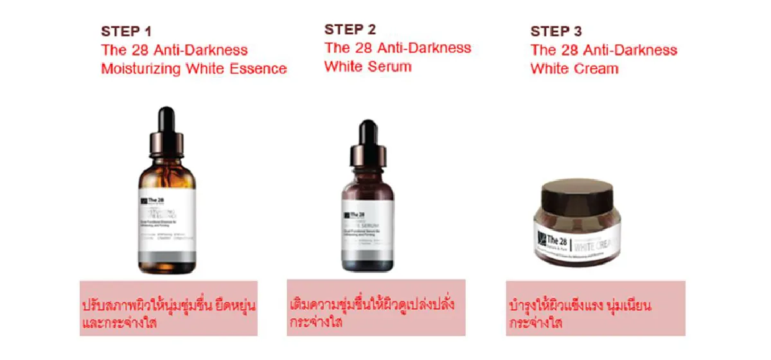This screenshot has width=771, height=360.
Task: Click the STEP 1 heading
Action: pyautogui.click(x=126, y=32)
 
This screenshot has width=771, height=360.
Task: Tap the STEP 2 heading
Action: pyautogui.click(x=350, y=30)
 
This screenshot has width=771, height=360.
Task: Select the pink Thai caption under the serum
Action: pyautogui.click(x=375, y=311)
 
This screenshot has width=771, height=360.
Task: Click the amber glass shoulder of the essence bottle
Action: pyautogui.click(x=167, y=174)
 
